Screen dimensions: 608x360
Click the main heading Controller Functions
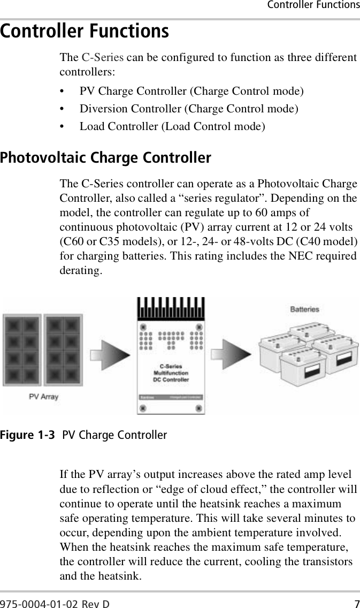85,32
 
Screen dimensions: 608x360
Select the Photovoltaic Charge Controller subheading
106,158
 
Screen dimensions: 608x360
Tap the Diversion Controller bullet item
189,109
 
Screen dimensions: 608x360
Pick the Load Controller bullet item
172,126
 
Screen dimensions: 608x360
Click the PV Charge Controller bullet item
192,91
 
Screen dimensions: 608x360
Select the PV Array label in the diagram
43,397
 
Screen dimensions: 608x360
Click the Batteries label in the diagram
304,309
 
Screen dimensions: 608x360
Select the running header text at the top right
313,5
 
